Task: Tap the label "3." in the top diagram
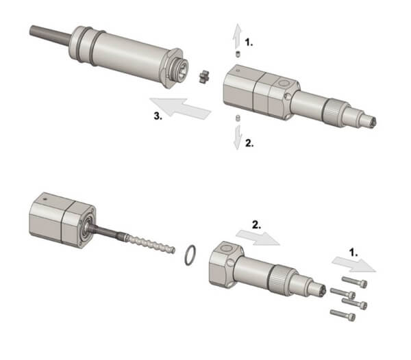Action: [158, 116]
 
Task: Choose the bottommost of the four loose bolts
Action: [343, 315]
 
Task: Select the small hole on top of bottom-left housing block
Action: [45, 199]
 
